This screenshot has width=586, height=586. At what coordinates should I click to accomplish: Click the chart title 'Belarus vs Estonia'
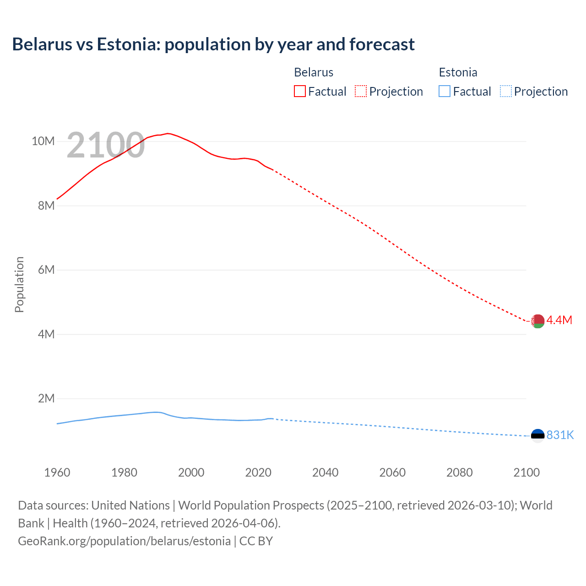[213, 44]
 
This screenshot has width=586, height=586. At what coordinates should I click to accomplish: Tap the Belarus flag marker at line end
[537, 321]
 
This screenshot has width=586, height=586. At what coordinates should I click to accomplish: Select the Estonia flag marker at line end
[537, 435]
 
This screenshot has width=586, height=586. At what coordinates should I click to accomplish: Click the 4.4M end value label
[559, 320]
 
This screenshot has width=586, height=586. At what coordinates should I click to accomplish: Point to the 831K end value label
[560, 435]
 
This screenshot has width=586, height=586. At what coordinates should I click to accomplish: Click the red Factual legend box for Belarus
[300, 92]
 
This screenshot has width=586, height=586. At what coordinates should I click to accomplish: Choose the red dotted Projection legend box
[361, 92]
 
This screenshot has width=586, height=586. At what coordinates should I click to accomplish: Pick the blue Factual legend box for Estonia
[445, 92]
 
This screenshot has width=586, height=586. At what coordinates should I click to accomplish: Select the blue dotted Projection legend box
[505, 92]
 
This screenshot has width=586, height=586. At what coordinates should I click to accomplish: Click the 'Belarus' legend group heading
[314, 72]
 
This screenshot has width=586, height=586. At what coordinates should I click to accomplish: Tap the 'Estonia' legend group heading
[458, 72]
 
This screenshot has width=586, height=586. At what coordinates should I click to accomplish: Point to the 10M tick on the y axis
[43, 141]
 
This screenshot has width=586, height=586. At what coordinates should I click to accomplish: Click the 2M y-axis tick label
[46, 398]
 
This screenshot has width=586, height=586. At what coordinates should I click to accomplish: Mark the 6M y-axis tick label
[46, 270]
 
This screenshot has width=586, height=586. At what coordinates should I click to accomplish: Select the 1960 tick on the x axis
[57, 472]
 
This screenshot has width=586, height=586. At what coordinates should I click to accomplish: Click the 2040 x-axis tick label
[325, 472]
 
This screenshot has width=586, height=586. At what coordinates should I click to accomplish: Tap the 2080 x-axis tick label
[459, 472]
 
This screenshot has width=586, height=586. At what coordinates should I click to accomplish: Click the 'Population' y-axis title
[19, 284]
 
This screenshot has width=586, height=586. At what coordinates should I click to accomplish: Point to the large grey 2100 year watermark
[106, 146]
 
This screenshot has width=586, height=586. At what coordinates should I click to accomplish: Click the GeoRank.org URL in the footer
[124, 541]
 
